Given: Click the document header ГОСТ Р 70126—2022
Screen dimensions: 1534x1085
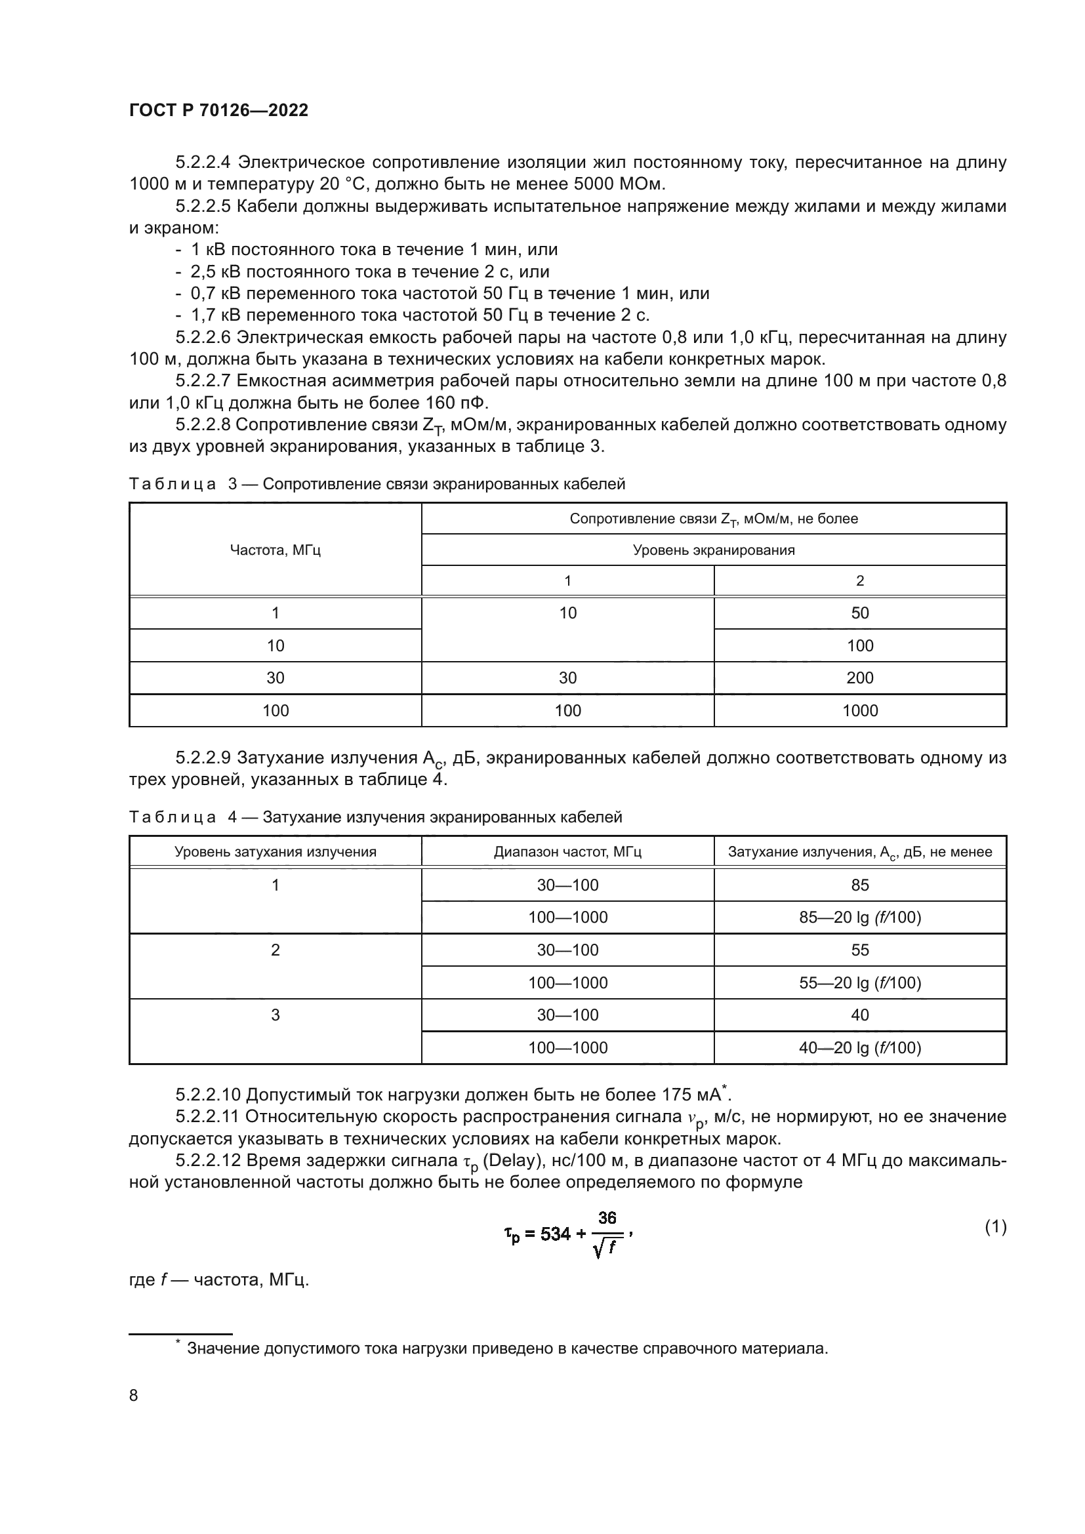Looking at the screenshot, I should [218, 111].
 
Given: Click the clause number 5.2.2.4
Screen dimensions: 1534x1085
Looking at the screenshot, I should [203, 163].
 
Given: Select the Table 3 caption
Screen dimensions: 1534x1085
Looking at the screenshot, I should [377, 484].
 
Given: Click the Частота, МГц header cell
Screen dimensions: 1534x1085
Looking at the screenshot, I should [276, 550].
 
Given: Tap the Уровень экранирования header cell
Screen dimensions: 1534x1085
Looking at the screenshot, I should [714, 550].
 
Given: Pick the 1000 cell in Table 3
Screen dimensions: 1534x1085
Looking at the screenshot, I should [859, 711].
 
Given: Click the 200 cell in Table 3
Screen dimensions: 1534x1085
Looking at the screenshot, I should [859, 678].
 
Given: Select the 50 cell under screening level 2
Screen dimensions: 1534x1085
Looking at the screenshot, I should [859, 613].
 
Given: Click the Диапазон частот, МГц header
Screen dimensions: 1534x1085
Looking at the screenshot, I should [567, 852].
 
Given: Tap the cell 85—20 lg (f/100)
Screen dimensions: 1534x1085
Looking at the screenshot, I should [859, 918].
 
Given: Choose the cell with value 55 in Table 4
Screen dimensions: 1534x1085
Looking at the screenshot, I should [859, 950].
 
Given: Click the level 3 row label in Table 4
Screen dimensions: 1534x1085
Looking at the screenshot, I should [276, 1015].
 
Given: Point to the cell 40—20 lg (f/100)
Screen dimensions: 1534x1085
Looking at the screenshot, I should [859, 1047].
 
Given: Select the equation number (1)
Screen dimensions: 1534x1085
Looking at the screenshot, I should [995, 1226].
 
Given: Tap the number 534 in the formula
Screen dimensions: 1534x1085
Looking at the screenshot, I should [556, 1234].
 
